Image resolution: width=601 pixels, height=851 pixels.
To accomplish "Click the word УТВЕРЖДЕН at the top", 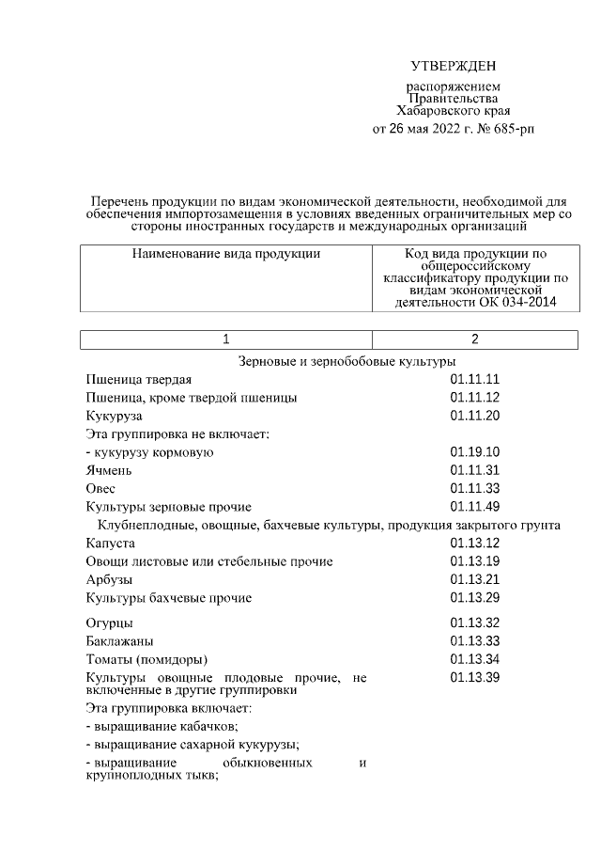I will click(452, 65).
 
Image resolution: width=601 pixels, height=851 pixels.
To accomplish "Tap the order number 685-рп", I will click(512, 127).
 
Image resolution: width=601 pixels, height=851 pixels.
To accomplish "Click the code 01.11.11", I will click(474, 380).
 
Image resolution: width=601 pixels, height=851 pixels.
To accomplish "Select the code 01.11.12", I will click(474, 398).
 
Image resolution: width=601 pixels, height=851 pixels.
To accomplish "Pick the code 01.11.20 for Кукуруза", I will click(474, 416).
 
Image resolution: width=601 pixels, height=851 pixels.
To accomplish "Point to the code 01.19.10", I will click(474, 452).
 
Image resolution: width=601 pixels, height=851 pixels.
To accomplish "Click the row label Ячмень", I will click(108, 470).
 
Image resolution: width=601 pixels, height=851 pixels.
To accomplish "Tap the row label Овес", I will click(102, 488).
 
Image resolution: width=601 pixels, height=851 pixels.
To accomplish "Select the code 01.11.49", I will click(474, 507).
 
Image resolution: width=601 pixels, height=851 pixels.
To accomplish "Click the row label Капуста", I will click(111, 544).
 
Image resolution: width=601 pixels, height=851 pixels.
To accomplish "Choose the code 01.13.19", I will click(474, 561).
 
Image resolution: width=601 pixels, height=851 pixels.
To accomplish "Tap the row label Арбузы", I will click(109, 579).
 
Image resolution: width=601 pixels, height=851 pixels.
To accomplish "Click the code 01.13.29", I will click(474, 597).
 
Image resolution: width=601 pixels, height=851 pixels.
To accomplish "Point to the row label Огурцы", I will click(109, 622).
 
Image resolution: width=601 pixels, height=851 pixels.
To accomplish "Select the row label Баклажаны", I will click(119, 640).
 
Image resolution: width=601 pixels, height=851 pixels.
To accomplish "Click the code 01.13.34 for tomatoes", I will click(474, 658).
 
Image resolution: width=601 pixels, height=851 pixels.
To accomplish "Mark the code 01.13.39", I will click(474, 677).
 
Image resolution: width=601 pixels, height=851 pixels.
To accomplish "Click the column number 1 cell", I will click(225, 339).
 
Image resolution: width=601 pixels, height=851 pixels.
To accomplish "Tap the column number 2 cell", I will click(474, 339).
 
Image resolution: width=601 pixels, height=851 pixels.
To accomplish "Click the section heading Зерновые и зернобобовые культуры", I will click(347, 361).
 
